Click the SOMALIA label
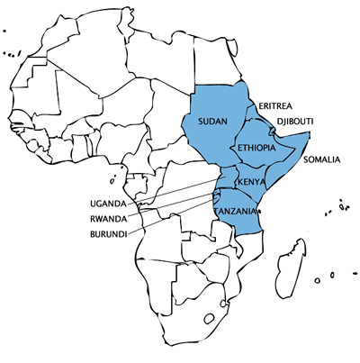tap(322, 160)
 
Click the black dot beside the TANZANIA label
tap(259, 211)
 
